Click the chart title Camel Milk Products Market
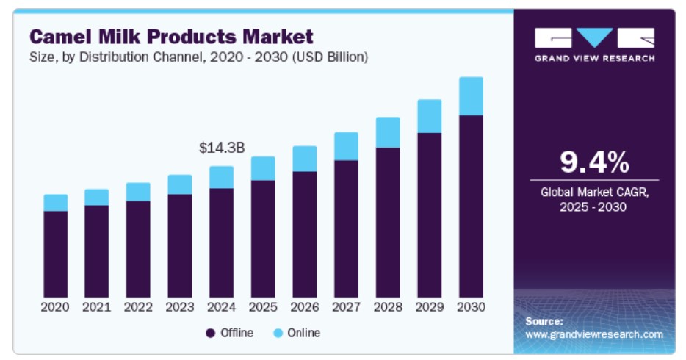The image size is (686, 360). tap(171, 36)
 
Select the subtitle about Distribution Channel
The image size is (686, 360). tap(198, 57)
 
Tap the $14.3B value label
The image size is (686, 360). tap(222, 148)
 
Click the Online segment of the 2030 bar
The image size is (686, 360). tap(471, 96)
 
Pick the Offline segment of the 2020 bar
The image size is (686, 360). tap(55, 253)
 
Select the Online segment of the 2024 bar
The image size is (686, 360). tap(221, 177)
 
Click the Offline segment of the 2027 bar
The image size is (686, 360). tap(346, 227)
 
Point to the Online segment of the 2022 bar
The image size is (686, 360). tap(138, 192)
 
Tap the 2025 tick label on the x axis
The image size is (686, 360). tap(262, 306)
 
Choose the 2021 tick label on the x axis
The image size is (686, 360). tap(96, 306)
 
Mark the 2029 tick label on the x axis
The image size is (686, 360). tap(429, 306)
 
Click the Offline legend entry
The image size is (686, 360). tap(229, 333)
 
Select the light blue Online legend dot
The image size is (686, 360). tap(278, 334)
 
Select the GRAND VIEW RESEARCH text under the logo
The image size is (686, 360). tap(594, 58)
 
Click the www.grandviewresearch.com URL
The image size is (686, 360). tap(594, 334)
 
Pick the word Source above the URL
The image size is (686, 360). tap(544, 321)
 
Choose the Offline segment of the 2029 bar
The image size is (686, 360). tap(429, 213)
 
